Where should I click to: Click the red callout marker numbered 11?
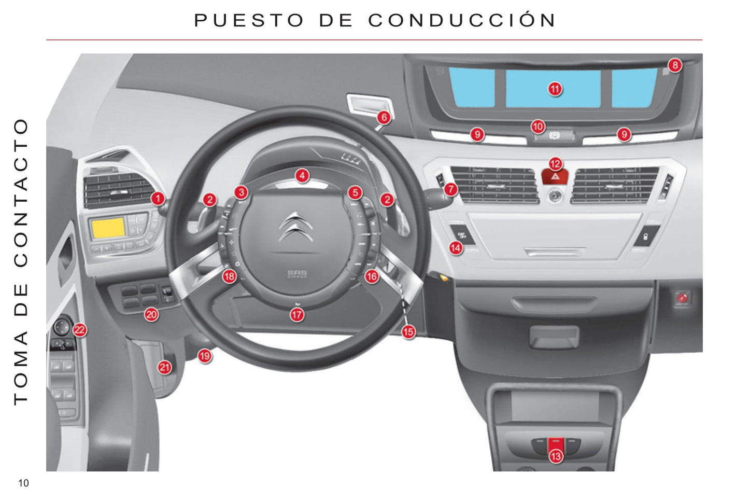coord(555,89)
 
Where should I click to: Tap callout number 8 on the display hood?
coord(675,65)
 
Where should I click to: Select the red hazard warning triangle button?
coord(555,176)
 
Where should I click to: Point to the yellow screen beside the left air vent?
coord(108,228)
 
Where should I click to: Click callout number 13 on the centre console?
coord(556,456)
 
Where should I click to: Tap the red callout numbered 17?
coord(297,315)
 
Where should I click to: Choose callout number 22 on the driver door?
coord(80,330)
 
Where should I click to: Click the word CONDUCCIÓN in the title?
coord(462,20)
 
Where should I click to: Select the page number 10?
coord(23,483)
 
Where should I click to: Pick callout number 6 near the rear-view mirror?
coord(384,117)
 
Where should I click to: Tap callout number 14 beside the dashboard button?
coord(456,248)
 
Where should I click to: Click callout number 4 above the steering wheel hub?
coord(302,175)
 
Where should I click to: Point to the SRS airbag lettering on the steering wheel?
coord(297,274)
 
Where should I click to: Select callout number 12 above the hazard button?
coord(555,164)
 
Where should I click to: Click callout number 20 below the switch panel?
coord(151,314)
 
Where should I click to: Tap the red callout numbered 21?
coord(164,367)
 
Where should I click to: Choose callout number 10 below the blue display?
coord(538,127)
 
